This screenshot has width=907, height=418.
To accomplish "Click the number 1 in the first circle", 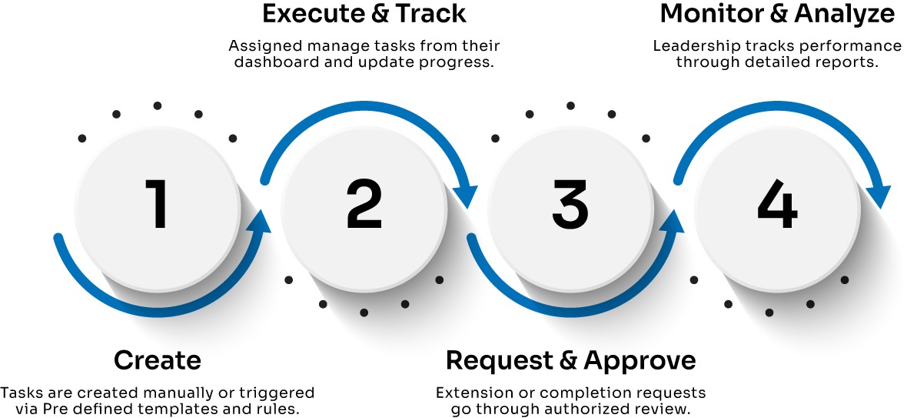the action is [156, 203].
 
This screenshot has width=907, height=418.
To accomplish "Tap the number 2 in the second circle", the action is [364, 203].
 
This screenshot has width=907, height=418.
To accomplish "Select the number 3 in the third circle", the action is [570, 203].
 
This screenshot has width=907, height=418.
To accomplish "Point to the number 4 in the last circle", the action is [777, 203].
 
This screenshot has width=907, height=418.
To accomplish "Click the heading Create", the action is [158, 360].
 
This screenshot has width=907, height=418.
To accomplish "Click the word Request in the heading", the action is [499, 360].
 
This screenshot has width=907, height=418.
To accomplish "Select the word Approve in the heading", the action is [640, 360].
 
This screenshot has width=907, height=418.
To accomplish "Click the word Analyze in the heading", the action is [845, 14].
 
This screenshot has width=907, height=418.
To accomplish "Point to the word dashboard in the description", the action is [270, 62].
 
